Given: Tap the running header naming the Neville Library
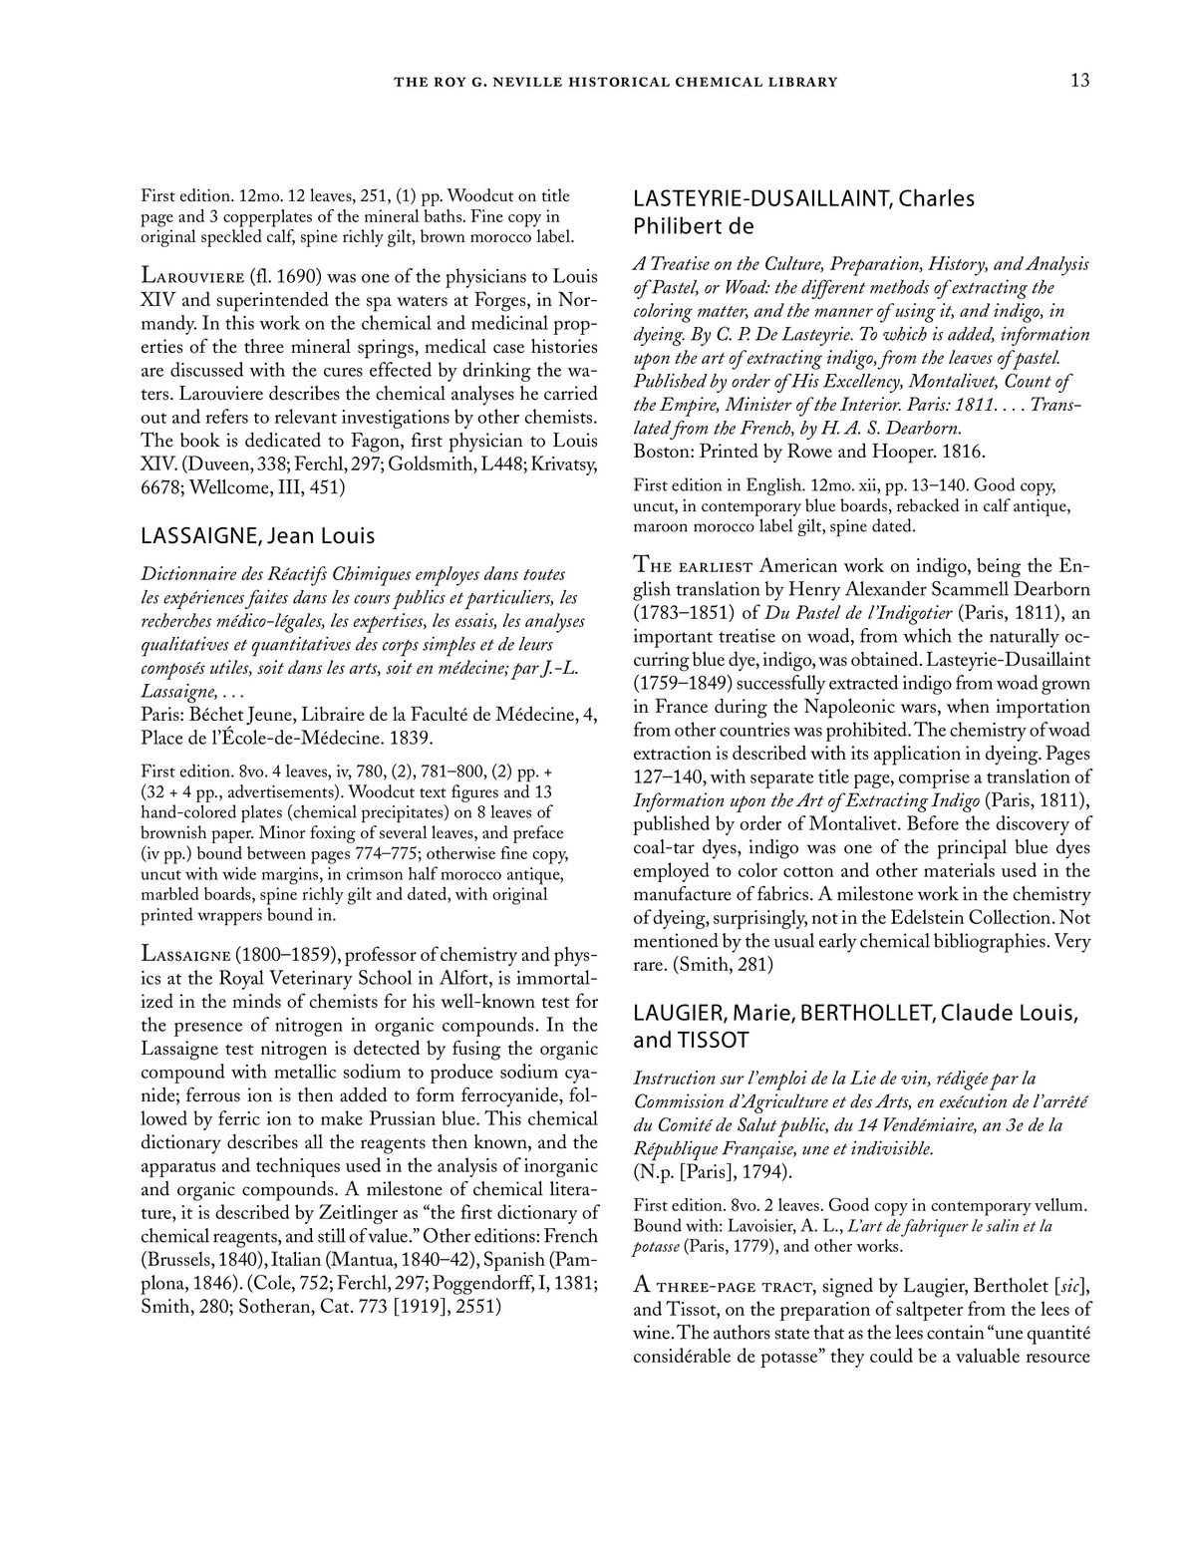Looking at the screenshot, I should point(616,82).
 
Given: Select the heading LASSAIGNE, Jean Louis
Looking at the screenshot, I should point(258,536).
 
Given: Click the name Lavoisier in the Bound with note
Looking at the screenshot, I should point(744,1226).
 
